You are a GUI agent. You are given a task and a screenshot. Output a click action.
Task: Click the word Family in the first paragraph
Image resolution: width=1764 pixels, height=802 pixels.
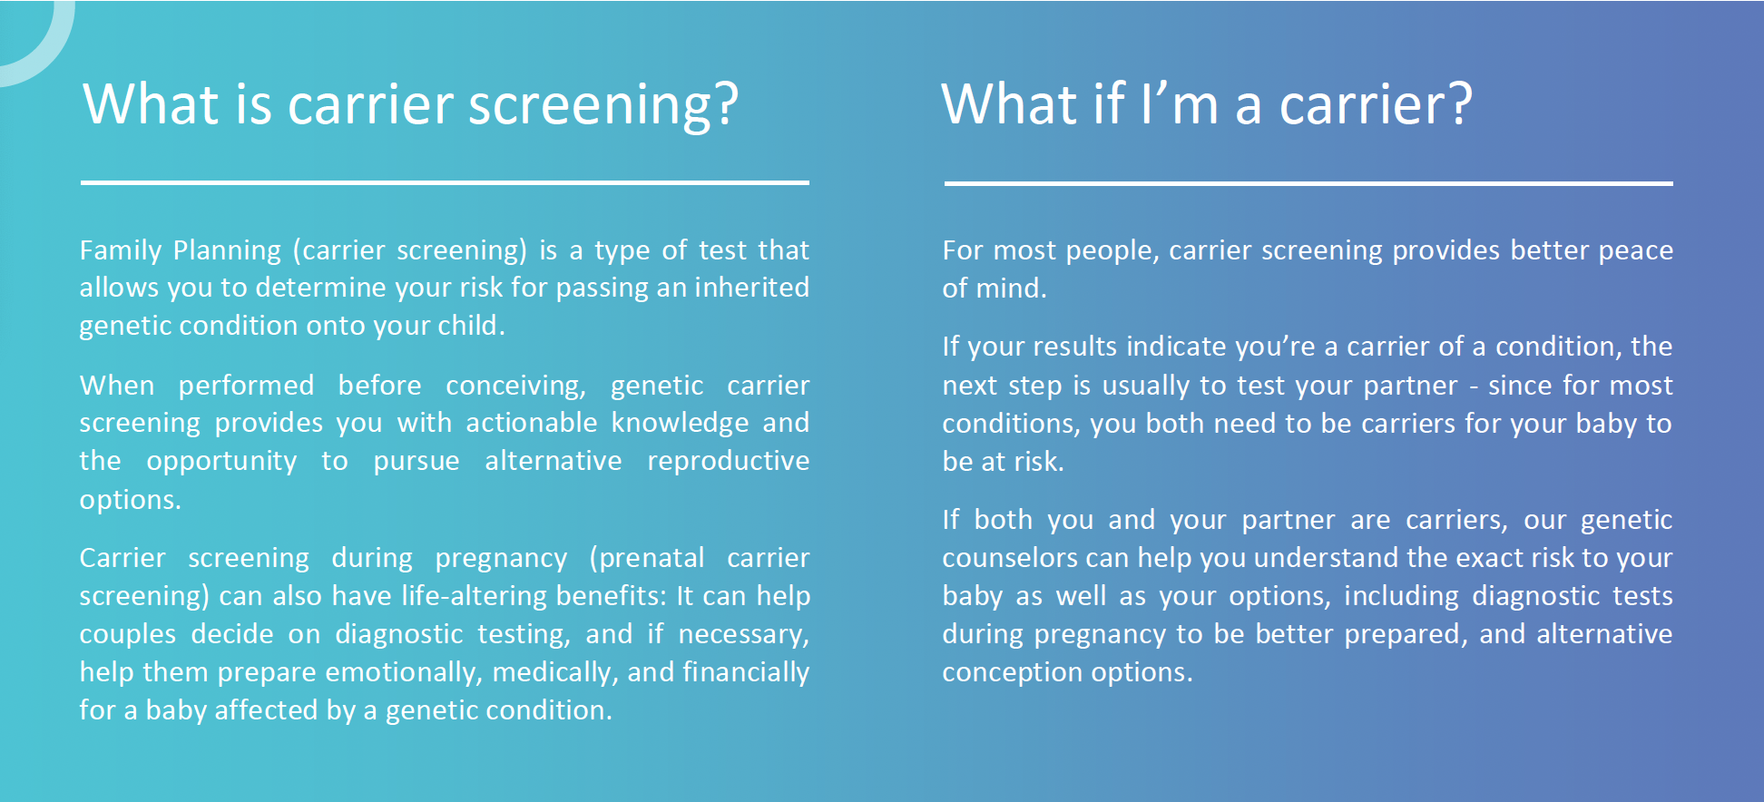click(x=121, y=250)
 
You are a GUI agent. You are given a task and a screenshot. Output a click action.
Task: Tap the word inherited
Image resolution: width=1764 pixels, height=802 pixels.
click(x=751, y=288)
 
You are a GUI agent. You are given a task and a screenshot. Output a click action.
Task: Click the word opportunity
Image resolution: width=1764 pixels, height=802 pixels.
click(x=221, y=462)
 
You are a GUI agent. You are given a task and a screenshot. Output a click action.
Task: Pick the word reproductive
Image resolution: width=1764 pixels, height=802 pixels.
click(x=728, y=461)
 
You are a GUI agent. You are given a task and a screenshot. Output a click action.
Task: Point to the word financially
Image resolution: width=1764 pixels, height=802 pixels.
click(x=745, y=672)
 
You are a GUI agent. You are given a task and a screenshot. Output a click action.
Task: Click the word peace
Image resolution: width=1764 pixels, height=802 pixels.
click(x=1635, y=250)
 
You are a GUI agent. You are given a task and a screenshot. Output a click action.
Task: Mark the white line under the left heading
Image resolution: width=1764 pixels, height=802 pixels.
click(x=445, y=182)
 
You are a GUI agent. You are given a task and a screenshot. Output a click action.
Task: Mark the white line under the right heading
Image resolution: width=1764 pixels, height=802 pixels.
click(x=1308, y=183)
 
